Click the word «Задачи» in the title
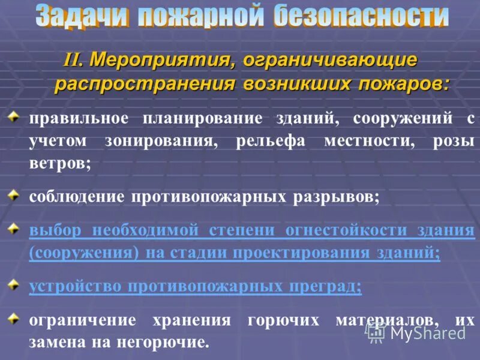click(82, 16)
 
